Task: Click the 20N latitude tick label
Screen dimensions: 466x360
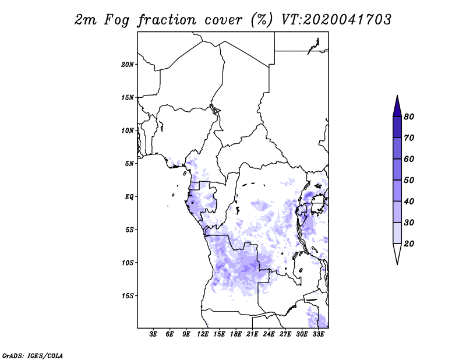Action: coord(128,64)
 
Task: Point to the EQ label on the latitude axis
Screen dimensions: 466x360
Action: coord(129,196)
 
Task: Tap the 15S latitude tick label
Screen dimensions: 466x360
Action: coord(128,296)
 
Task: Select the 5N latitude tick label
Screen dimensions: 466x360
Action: coord(129,164)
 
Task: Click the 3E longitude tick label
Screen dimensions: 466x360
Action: coord(153,334)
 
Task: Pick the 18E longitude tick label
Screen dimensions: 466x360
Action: coord(236,334)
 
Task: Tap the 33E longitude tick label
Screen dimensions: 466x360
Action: coord(318,334)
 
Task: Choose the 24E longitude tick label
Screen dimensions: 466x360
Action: coord(269,334)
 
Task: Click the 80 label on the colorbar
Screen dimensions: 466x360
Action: coord(409,117)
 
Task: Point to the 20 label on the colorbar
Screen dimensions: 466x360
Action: coord(409,243)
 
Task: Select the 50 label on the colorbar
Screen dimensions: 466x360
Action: coord(409,180)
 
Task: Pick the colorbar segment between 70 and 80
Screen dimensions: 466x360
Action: coord(397,127)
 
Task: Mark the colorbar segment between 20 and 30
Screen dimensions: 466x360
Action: coord(397,233)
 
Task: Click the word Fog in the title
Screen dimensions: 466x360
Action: coord(116,20)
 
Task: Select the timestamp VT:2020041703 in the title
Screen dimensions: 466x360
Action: coord(336,20)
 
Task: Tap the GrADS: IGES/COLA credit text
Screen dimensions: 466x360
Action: coord(33,355)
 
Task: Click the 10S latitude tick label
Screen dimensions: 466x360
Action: coord(128,263)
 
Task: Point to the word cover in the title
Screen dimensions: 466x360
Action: coord(223,20)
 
